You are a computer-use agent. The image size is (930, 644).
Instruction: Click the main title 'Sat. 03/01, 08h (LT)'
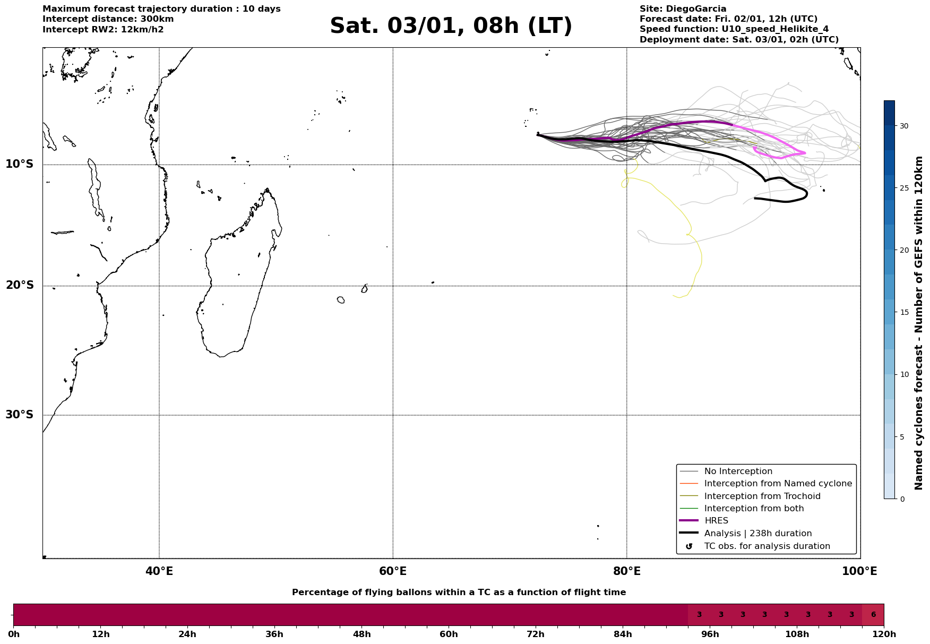click(x=451, y=26)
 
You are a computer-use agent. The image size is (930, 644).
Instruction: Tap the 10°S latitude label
click(x=20, y=164)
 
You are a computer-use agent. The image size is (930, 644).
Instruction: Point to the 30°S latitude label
click(x=20, y=415)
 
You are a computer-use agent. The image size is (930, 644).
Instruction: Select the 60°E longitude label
click(x=393, y=571)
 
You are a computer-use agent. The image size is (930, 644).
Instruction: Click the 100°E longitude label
click(x=860, y=571)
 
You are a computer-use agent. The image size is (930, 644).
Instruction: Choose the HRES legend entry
click(x=716, y=521)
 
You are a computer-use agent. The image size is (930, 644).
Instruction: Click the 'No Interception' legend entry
click(x=738, y=471)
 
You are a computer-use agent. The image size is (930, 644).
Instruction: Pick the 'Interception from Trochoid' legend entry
click(x=762, y=496)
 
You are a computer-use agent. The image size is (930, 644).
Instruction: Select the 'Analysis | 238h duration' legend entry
click(x=757, y=534)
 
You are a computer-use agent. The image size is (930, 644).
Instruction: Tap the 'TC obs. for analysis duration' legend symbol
click(x=689, y=546)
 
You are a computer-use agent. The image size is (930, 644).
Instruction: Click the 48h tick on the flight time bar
click(x=361, y=634)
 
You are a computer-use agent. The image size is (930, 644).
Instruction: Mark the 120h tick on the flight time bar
click(x=884, y=634)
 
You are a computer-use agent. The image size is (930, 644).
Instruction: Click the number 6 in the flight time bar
click(x=873, y=615)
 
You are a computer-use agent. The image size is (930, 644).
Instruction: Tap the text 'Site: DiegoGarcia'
click(x=683, y=9)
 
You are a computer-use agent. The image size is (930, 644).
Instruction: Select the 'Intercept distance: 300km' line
click(x=108, y=19)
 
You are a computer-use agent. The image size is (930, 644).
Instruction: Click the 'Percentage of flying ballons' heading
click(x=459, y=593)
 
